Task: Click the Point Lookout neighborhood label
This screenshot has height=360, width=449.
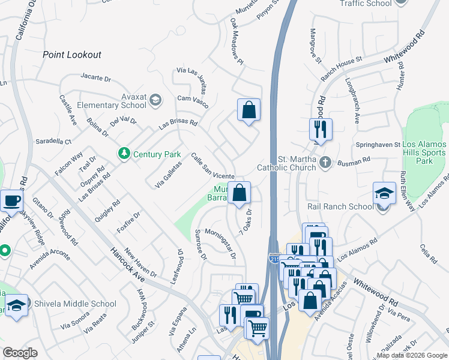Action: coord(72,55)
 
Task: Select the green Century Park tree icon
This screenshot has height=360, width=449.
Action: coord(124,154)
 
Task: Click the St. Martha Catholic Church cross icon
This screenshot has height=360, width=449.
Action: coord(325,162)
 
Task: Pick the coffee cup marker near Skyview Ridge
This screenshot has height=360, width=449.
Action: coord(12,200)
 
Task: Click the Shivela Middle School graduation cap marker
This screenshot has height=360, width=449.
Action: coord(17,305)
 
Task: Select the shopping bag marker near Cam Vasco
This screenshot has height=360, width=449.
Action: coord(249,110)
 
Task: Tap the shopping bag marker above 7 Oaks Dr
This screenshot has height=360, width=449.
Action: coord(239,193)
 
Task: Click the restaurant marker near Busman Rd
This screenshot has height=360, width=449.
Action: coord(320,128)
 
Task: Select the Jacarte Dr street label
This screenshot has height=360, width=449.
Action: coord(96,78)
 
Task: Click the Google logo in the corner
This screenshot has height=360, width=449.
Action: coord(20,352)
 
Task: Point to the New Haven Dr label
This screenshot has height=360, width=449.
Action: coord(140,263)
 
